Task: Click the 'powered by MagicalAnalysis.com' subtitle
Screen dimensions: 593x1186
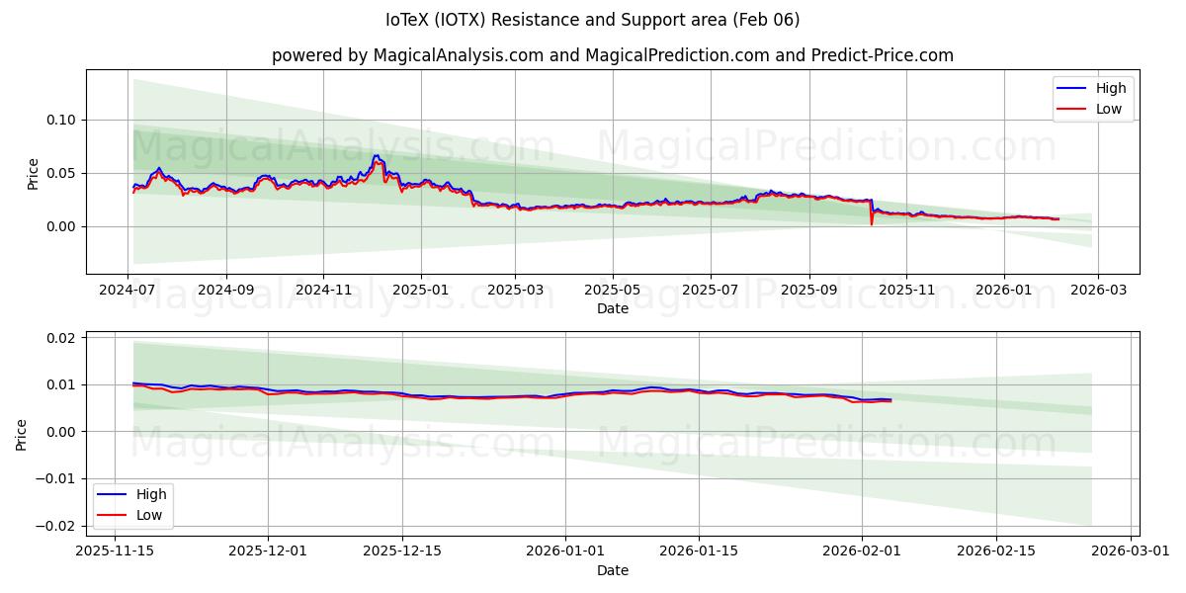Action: click(612, 55)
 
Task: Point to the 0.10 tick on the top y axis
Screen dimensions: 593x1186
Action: click(62, 120)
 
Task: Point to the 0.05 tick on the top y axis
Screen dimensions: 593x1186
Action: click(62, 173)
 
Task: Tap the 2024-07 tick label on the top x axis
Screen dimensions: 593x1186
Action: click(127, 291)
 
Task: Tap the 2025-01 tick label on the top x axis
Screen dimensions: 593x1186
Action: click(421, 291)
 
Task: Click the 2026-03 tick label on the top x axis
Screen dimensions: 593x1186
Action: click(1099, 291)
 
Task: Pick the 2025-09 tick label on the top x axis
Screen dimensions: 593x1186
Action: click(809, 291)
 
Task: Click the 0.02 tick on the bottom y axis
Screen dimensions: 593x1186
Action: click(62, 338)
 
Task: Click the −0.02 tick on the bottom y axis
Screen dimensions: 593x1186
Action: click(57, 526)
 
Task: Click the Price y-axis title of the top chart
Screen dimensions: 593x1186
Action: click(34, 173)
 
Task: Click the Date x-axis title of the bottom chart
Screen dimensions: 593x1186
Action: click(612, 570)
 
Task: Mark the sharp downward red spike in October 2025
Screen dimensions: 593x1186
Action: click(871, 222)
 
